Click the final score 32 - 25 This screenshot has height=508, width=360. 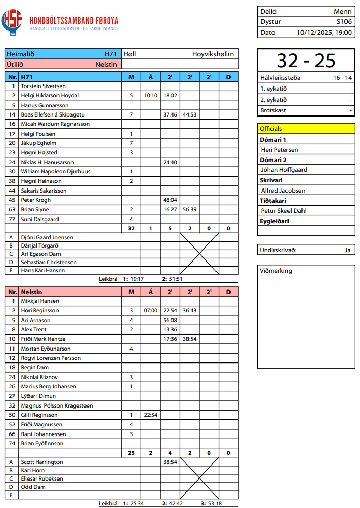pyautogui.click(x=306, y=61)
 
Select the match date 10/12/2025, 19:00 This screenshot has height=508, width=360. pyautogui.click(x=324, y=32)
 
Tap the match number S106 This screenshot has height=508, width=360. pyautogui.click(x=344, y=22)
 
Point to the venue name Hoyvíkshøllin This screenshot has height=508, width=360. pyautogui.click(x=212, y=54)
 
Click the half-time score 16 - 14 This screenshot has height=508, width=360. pyautogui.click(x=342, y=78)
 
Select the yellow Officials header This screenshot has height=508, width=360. pyautogui.click(x=306, y=128)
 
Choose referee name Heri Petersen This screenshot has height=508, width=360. pyautogui.click(x=279, y=150)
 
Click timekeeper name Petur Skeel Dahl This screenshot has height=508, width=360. pyautogui.click(x=283, y=211)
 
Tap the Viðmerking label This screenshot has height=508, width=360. pyautogui.click(x=276, y=271)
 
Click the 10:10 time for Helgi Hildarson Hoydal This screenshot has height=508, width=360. pyautogui.click(x=151, y=96)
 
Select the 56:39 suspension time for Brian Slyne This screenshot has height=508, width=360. pyautogui.click(x=189, y=209)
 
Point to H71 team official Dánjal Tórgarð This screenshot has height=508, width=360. pyautogui.click(x=39, y=245)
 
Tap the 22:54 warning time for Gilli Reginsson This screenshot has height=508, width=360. pyautogui.click(x=151, y=415)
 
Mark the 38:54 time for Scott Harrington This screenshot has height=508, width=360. pyautogui.click(x=170, y=461)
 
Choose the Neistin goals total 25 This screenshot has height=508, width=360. pyautogui.click(x=131, y=453)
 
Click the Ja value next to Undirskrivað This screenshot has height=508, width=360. pyautogui.click(x=348, y=250)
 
